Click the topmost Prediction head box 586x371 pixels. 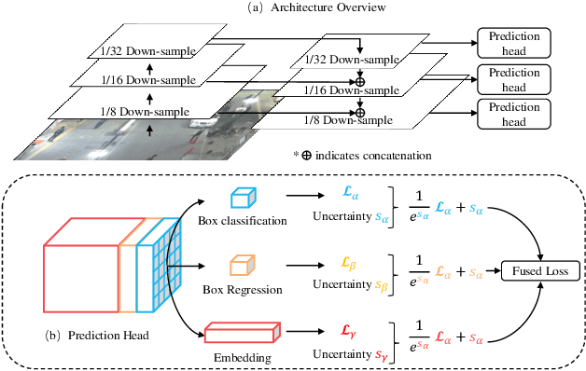[514, 43]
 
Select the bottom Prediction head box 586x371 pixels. [514, 115]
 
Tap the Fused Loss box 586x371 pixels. [540, 271]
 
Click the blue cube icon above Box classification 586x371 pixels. [244, 198]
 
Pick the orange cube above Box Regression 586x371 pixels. [243, 266]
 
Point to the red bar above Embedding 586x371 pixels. [243, 332]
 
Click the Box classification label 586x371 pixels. [243, 221]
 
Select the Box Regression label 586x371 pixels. [243, 290]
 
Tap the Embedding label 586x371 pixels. [243, 358]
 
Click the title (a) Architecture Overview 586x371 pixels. [316, 7]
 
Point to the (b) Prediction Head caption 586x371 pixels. [97, 336]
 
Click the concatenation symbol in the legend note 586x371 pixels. [306, 156]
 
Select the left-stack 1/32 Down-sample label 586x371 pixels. [148, 51]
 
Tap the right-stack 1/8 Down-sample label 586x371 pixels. [348, 120]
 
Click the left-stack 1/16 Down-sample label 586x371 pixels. [148, 80]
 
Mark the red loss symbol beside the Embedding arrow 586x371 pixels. [348, 331]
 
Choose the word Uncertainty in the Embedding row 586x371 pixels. [342, 353]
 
